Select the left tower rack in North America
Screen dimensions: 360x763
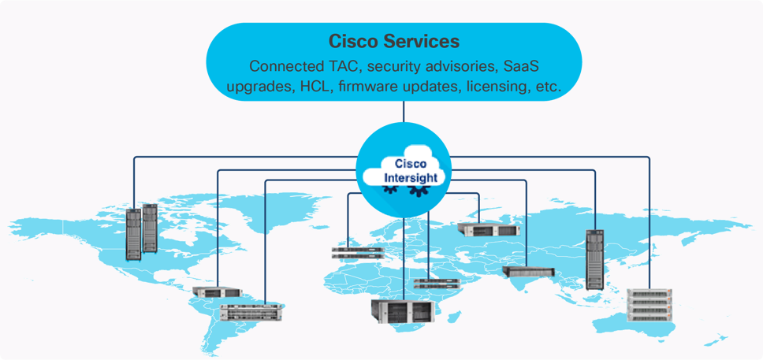(133, 234)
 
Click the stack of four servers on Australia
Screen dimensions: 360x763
(651, 306)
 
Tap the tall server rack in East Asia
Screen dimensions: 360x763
(594, 259)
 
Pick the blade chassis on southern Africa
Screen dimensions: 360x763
(403, 308)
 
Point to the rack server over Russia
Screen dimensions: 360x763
(488, 229)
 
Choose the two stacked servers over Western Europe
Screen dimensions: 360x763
(357, 253)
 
